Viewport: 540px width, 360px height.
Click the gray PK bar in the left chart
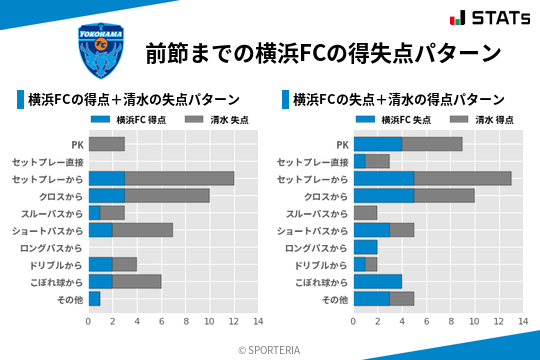[x=106, y=144]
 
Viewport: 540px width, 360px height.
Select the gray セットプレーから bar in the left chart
[x=179, y=178]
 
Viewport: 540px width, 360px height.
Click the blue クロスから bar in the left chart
[x=106, y=195]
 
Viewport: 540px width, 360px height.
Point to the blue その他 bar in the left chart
[x=94, y=298]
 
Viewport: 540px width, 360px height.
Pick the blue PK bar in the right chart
[x=377, y=144]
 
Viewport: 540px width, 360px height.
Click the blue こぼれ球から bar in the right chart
[x=377, y=281]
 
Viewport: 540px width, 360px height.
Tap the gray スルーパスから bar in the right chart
[x=365, y=212]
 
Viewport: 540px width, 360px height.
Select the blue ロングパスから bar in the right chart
[x=365, y=247]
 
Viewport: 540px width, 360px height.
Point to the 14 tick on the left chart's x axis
[x=257, y=321]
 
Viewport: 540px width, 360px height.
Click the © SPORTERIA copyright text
[x=270, y=349]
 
